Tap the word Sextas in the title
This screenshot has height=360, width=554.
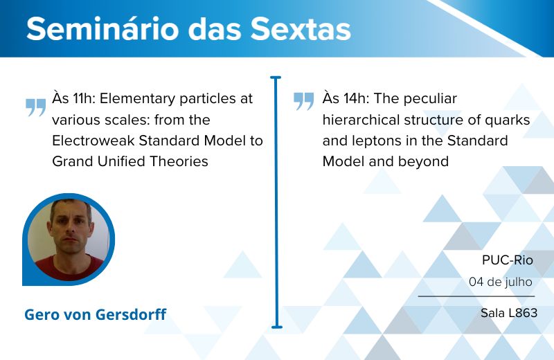click(301, 28)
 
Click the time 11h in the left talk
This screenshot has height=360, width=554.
click(84, 98)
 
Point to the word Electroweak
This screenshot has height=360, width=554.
click(93, 141)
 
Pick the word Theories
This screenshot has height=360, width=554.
click(179, 161)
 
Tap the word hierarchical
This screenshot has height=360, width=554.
click(361, 120)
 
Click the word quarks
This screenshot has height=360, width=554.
click(507, 120)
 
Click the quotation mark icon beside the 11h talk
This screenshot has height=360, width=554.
click(36, 107)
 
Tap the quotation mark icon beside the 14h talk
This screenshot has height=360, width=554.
click(304, 101)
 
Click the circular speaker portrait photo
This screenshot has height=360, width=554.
click(69, 240)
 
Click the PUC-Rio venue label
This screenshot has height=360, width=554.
click(508, 260)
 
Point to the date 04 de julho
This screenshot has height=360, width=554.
click(501, 282)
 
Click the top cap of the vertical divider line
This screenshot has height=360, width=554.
click(276, 77)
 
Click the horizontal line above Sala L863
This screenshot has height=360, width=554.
click(476, 296)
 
